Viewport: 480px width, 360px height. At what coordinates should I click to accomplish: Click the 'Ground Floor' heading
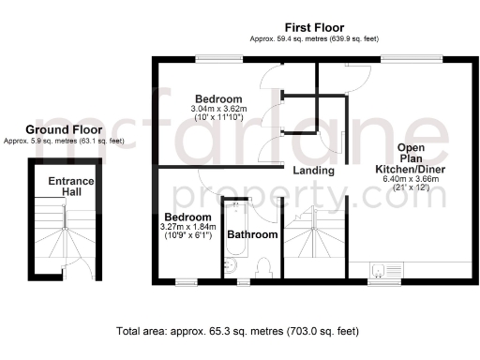tap(63, 129)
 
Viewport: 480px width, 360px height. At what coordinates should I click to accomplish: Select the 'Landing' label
tap(313, 171)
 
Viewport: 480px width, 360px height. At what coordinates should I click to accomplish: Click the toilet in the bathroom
tap(263, 268)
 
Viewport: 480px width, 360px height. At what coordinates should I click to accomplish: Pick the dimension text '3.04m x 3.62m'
tap(218, 109)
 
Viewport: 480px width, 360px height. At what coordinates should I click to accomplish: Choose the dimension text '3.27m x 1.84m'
tap(188, 226)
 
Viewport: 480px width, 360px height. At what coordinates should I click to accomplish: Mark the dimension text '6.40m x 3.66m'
tap(412, 178)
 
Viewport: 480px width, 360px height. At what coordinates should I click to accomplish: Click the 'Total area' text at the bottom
tap(238, 331)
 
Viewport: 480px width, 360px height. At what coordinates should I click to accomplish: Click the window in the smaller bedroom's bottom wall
tap(187, 280)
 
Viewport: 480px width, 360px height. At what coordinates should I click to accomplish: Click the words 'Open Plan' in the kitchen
tap(412, 154)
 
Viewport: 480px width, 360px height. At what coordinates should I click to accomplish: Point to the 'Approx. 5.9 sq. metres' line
tap(63, 141)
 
